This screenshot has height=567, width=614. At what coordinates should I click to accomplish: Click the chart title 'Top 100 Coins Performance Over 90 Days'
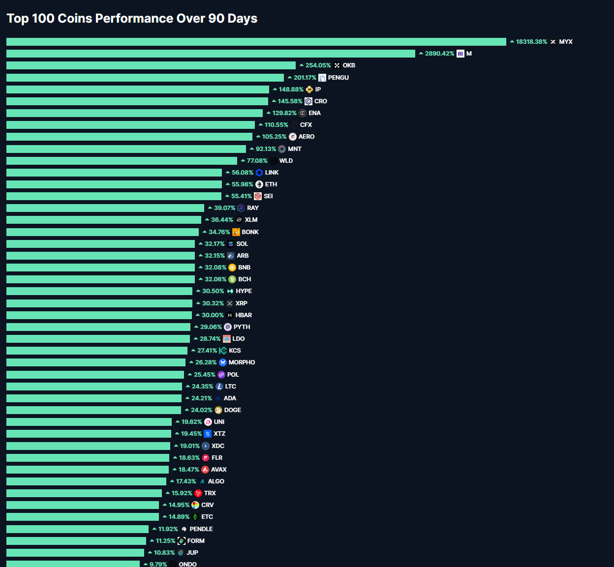click(x=132, y=19)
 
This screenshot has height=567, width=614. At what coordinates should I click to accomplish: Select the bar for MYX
click(x=256, y=42)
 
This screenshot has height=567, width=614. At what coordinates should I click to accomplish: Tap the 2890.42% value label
click(x=439, y=54)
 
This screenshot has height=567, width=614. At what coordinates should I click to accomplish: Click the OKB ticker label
click(x=349, y=65)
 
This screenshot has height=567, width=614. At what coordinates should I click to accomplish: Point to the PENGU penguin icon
click(x=322, y=78)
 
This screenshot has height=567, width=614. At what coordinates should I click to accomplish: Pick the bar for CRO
click(x=137, y=101)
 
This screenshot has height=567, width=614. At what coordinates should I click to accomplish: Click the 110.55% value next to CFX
click(x=276, y=125)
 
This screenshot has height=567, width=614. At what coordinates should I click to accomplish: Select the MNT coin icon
click(x=282, y=149)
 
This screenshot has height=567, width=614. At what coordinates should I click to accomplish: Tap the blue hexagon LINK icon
click(x=259, y=173)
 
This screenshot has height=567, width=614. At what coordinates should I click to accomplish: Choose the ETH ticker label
click(x=271, y=184)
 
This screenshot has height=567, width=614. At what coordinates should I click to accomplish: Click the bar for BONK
click(x=103, y=232)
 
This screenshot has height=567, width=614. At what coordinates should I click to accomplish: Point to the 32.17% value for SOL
click(x=214, y=244)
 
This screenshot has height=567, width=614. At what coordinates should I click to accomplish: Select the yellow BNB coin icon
click(x=232, y=268)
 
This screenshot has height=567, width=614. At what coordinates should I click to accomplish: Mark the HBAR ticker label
click(x=244, y=315)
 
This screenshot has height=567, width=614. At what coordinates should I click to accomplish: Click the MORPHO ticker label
click(x=242, y=362)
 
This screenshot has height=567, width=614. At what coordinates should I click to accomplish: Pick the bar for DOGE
click(x=93, y=410)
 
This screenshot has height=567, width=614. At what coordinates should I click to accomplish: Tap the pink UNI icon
click(x=208, y=422)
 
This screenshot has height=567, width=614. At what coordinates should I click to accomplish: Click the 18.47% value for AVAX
click(x=188, y=470)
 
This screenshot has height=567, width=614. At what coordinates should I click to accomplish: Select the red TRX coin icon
click(x=198, y=493)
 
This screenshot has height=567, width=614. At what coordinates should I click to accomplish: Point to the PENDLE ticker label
click(x=201, y=529)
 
